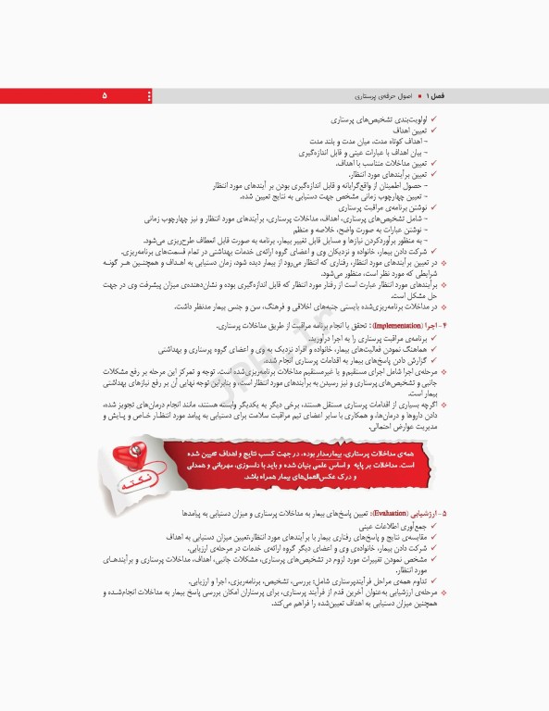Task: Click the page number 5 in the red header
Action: click(104, 96)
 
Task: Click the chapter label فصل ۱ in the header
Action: click(433, 96)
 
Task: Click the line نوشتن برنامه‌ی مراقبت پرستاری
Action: click(377, 207)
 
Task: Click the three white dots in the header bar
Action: click(148, 96)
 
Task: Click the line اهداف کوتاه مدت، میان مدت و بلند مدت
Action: click(378, 142)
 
